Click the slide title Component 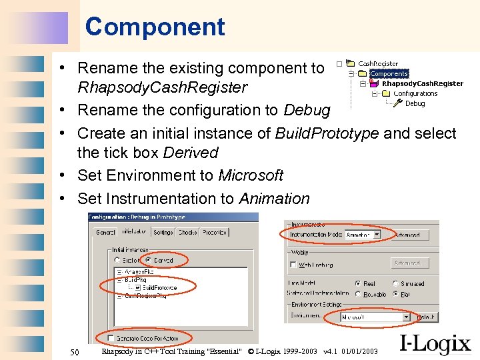click(155, 27)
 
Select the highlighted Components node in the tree click(389, 73)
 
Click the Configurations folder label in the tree click(415, 93)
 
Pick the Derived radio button click(148, 260)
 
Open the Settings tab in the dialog click(163, 233)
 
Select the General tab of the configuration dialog click(105, 233)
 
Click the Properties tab click(215, 233)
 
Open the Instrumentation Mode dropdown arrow click(377, 235)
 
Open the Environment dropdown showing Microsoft click(407, 317)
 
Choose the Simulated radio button click(396, 283)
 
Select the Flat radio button click(396, 293)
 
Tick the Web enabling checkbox click(293, 265)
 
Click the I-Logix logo click(435, 345)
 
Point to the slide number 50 click(75, 351)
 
